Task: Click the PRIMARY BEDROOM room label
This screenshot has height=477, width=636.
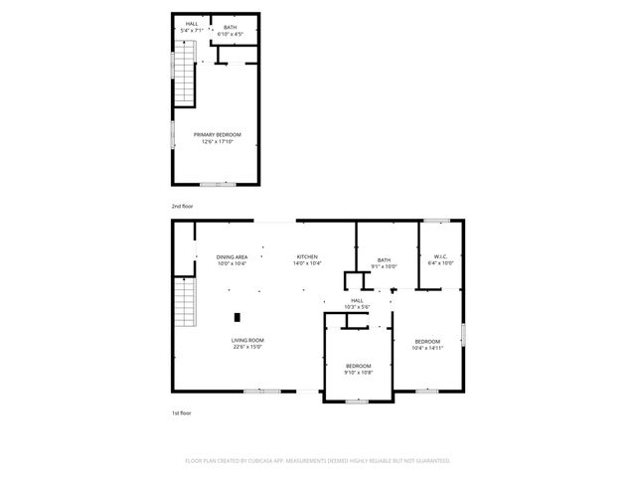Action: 217,134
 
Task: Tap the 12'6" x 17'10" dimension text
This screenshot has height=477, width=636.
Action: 217,141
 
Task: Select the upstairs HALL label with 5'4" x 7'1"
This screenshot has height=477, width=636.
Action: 191,25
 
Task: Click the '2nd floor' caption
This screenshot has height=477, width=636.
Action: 182,206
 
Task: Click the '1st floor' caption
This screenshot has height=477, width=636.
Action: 181,411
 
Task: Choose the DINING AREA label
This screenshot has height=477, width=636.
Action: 232,256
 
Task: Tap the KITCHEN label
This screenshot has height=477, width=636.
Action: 307,256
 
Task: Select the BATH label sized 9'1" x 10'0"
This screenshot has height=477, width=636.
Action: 384,260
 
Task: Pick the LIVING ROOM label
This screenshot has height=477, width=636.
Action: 247,340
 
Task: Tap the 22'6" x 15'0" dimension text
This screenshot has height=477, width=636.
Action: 247,348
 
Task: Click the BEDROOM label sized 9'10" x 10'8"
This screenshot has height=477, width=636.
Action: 358,366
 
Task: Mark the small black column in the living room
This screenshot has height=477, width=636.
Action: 237,318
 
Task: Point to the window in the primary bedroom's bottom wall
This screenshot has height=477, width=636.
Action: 218,184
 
